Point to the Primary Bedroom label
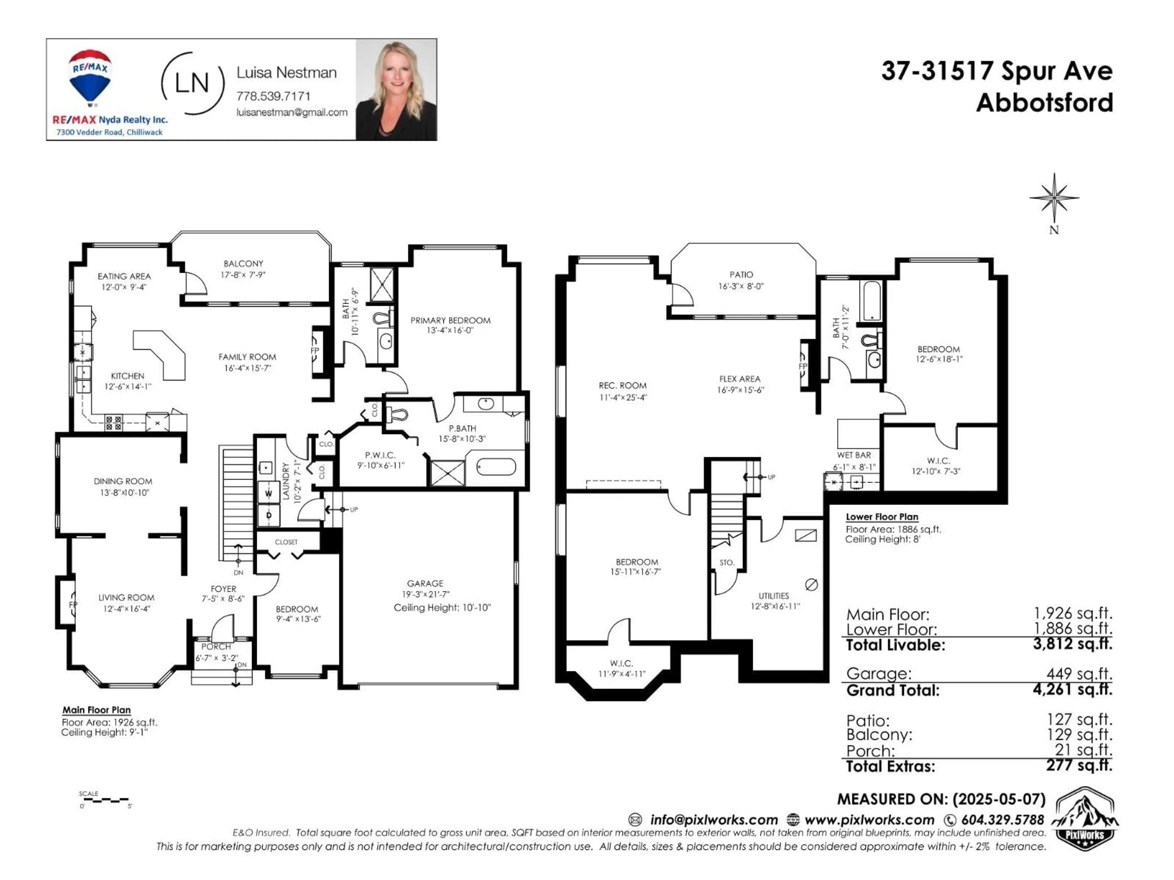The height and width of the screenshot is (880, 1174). tap(450, 321)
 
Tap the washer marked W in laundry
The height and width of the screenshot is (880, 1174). tap(268, 493)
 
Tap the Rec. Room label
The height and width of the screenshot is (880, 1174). tap(622, 386)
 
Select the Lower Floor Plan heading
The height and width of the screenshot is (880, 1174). tap(881, 517)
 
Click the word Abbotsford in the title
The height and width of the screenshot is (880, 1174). tap(1044, 102)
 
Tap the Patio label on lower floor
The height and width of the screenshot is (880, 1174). tap(741, 275)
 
